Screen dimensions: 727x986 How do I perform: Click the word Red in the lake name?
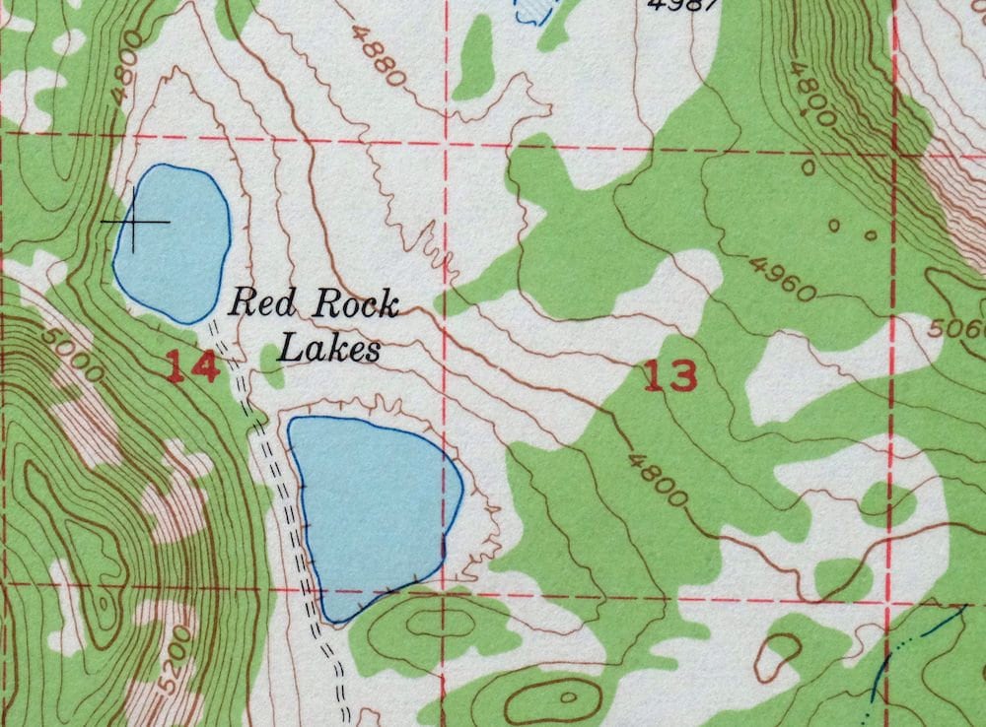[254, 302]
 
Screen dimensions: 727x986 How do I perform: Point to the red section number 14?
[191, 367]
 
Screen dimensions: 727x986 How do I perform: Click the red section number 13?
[670, 375]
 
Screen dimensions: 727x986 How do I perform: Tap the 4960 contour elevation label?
[782, 278]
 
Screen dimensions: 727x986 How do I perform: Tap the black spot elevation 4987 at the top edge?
[683, 4]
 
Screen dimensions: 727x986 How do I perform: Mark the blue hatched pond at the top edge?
[530, 10]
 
